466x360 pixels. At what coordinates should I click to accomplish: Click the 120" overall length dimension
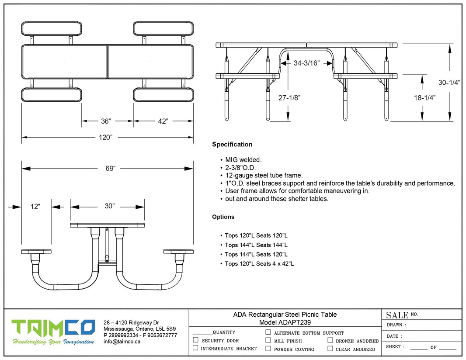(x=105, y=137)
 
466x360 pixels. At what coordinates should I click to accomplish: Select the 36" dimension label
(x=106, y=121)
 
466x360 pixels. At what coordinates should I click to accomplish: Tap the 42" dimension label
(x=163, y=121)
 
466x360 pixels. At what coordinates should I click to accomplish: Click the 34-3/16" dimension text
(x=306, y=63)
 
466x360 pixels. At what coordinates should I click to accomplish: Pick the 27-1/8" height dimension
(x=288, y=98)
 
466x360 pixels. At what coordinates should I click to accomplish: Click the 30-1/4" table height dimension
(x=449, y=83)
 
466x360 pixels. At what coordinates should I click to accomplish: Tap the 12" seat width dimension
(x=35, y=206)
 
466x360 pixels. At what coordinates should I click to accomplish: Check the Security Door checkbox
(x=195, y=340)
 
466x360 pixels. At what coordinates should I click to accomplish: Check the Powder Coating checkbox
(x=268, y=349)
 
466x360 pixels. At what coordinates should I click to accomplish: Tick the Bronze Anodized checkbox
(x=330, y=340)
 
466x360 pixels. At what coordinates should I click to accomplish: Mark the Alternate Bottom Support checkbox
(x=268, y=332)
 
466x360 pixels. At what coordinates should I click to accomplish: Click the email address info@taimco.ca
(x=122, y=342)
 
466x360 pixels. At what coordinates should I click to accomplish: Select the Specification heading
(x=232, y=144)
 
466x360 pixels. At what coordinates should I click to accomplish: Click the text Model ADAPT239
(x=285, y=322)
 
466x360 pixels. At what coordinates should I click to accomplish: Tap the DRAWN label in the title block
(x=396, y=325)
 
